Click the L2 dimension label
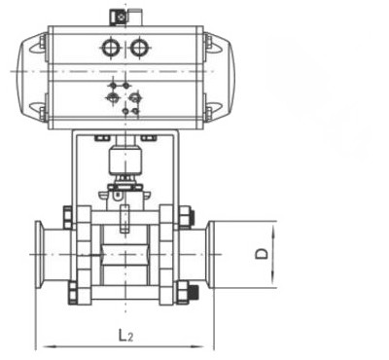point(125,335)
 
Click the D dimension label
point(262,254)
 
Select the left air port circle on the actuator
point(111,48)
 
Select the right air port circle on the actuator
point(139,48)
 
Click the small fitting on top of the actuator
point(122,18)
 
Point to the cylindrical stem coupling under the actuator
point(124,159)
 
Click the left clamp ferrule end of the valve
point(39,254)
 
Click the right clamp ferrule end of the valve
point(210,254)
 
